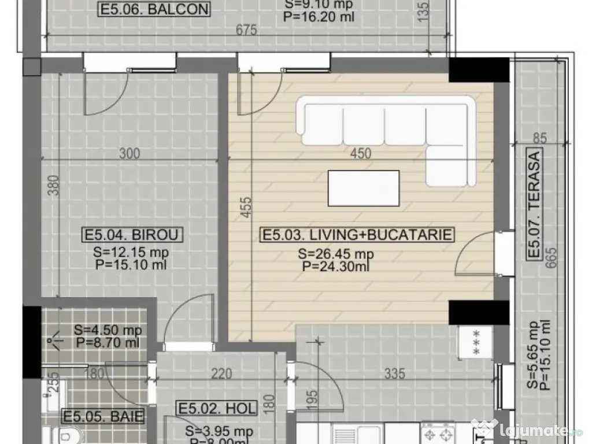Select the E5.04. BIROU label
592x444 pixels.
tap(133, 235)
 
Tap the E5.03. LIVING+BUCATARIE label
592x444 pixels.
tap(357, 235)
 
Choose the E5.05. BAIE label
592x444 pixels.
tap(102, 416)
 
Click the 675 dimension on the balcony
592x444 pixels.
tap(246, 31)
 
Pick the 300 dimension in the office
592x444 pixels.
tap(129, 153)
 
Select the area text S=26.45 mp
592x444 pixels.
tap(335, 254)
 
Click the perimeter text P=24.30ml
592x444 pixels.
tap(335, 266)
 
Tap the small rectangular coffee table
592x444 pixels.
tap(363, 188)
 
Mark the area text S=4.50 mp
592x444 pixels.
tap(108, 331)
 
